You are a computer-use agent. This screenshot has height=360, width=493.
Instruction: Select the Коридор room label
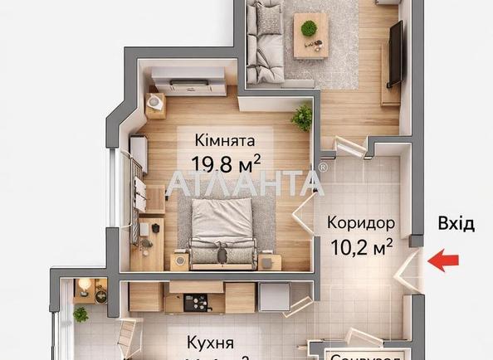click(x=359, y=223)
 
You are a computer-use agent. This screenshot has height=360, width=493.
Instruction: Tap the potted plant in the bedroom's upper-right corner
click(x=301, y=117)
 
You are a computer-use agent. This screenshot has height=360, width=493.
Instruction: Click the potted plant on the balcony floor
click(x=81, y=314)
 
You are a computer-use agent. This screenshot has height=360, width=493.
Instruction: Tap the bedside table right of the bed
click(x=269, y=262)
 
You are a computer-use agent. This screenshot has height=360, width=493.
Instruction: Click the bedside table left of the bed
click(x=178, y=261)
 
